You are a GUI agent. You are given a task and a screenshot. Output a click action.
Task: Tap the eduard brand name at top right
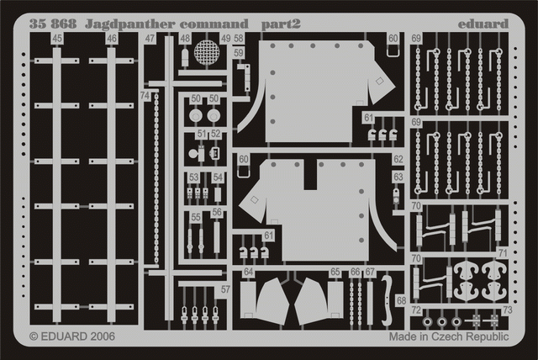pyautogui.click(x=485, y=23)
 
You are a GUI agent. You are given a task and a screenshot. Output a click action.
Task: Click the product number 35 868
pyautogui.click(x=48, y=23)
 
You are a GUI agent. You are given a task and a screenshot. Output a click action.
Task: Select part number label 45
pyautogui.click(x=56, y=40)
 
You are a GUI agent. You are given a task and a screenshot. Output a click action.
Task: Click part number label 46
pyautogui.click(x=112, y=40)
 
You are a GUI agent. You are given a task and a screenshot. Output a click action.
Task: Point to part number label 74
pyautogui.click(x=145, y=97)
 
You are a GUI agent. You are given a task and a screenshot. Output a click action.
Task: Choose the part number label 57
pyautogui.click(x=224, y=290)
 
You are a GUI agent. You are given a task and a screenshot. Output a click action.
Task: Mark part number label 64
pyautogui.click(x=248, y=273)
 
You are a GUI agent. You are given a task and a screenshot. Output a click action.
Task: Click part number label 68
pyautogui.click(x=401, y=300)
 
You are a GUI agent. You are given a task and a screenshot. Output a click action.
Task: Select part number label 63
pyautogui.click(x=398, y=178)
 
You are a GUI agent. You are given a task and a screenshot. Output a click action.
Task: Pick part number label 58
pyautogui.click(x=240, y=40)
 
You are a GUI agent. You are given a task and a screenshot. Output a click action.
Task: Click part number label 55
pyautogui.click(x=195, y=217)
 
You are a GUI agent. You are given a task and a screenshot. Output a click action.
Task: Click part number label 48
pyautogui.click(x=185, y=40)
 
